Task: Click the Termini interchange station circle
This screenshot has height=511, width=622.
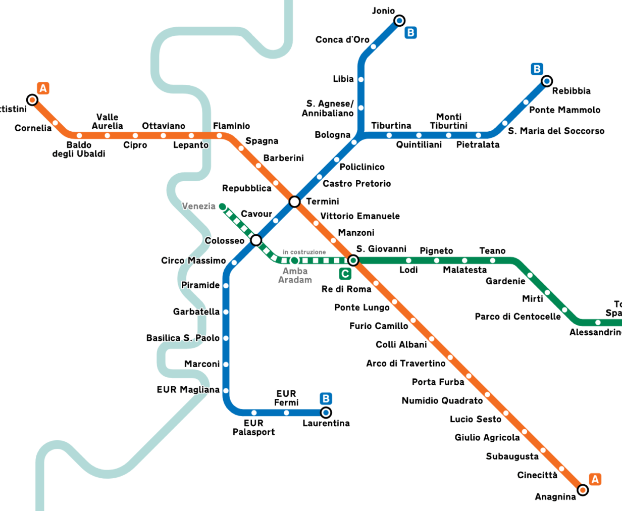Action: click(x=295, y=202)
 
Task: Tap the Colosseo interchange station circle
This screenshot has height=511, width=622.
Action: click(x=256, y=240)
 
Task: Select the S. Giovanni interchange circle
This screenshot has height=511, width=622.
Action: click(x=353, y=261)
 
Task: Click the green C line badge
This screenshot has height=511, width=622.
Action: click(x=345, y=274)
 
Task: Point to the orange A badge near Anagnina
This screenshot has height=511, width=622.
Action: click(x=595, y=479)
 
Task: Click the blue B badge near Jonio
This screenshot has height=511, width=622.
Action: click(x=411, y=33)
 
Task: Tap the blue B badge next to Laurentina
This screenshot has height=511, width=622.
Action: click(x=326, y=399)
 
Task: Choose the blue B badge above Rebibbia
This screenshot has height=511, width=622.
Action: click(x=537, y=69)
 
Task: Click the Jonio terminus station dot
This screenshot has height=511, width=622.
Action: click(x=399, y=21)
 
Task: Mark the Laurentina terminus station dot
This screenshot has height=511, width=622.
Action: click(x=326, y=413)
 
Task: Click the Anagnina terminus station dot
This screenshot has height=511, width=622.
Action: click(x=583, y=490)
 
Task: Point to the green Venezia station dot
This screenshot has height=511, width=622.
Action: click(x=222, y=207)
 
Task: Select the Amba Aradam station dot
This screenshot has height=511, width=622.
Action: click(x=294, y=261)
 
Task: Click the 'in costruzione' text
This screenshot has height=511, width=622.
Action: click(x=304, y=252)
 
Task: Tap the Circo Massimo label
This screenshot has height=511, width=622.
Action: click(x=193, y=261)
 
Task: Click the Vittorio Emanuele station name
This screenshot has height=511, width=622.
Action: click(x=360, y=216)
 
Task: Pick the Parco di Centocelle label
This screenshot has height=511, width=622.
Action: click(x=517, y=317)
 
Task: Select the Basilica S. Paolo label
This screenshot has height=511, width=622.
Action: click(x=183, y=338)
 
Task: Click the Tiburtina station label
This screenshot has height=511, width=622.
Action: click(x=391, y=126)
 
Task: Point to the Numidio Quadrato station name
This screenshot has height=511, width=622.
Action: click(x=442, y=400)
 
